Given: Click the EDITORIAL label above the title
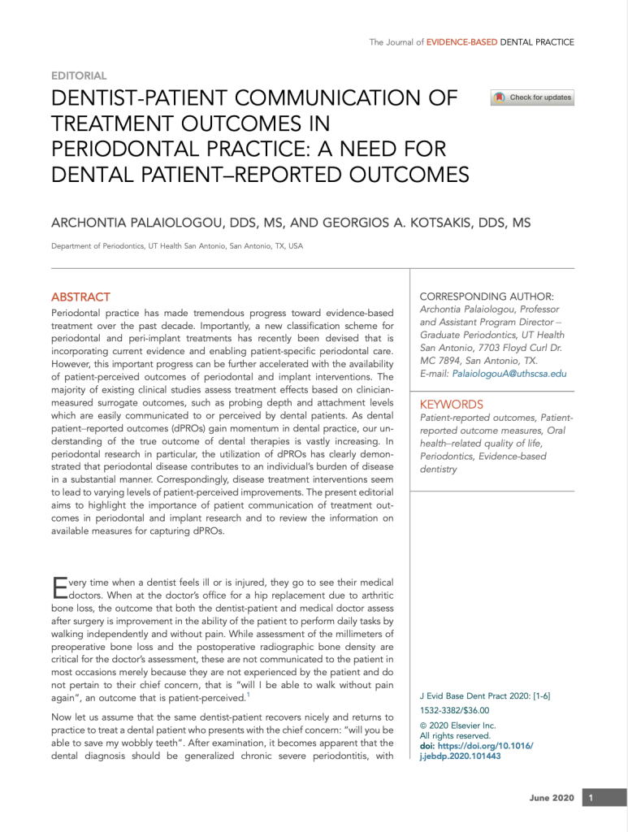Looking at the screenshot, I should coord(79,76).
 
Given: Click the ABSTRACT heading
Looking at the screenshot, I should coord(80,297).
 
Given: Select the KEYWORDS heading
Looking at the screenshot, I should coord(451,405).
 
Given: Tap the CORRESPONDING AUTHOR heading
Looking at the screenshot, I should coord(487,297).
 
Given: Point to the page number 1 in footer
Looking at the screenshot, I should coord(592,798).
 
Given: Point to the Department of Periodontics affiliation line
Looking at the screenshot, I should coord(176,246).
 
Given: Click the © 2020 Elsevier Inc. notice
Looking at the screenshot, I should coord(457,726).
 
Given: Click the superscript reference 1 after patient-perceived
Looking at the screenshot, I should coord(248,695).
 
